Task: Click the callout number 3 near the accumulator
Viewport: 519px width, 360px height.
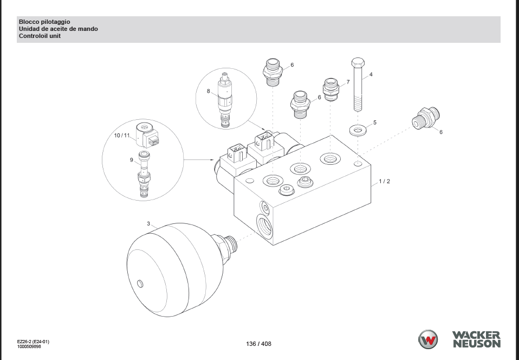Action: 148,223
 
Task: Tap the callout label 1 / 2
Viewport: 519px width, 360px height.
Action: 384,181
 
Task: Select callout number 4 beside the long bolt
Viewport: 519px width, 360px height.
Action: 371,74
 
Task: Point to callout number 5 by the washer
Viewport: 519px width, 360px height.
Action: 374,123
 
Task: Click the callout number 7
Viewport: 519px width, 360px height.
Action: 348,82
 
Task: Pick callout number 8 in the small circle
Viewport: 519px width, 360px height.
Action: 209,91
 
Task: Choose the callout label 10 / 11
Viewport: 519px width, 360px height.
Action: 122,135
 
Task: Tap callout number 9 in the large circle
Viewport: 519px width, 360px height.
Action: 131,159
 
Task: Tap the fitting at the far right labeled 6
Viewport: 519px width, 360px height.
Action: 427,118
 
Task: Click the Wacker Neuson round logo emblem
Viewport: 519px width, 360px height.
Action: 428,339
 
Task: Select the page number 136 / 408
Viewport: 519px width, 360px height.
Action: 258,344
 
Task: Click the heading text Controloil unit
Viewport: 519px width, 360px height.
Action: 40,36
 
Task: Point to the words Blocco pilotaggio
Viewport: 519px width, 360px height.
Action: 44,22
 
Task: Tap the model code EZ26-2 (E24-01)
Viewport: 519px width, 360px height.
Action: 33,341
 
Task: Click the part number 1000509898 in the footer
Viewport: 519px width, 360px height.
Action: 29,346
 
